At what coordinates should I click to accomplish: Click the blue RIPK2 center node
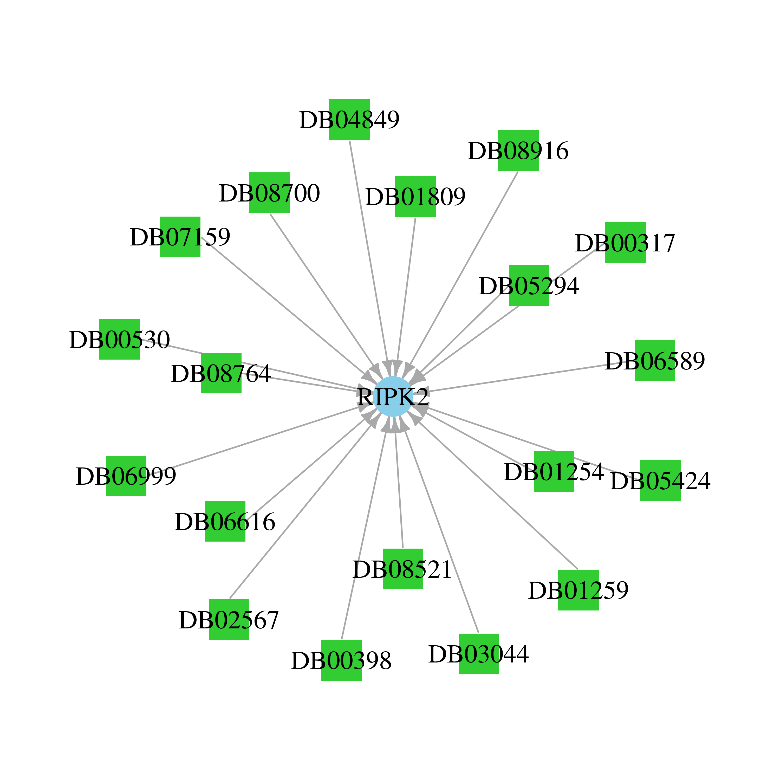coord(393,396)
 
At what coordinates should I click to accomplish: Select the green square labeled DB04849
coord(349,120)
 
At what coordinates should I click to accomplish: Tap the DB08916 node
coord(518,151)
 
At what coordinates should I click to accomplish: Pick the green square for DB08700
coord(270,193)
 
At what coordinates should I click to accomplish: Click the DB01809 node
coord(415,197)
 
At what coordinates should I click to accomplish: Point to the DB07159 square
coord(180,237)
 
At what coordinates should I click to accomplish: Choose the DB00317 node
coord(625,243)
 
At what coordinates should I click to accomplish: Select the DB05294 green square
coord(529,285)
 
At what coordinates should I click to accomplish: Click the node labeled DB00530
coord(120,339)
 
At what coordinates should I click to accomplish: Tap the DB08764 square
coord(221,373)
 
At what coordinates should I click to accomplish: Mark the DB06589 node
coord(655,361)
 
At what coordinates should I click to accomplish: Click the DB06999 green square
coord(126,476)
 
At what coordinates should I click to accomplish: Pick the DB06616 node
coord(225,521)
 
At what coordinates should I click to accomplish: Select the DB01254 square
coord(554,471)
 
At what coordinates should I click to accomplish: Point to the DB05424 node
coord(660,480)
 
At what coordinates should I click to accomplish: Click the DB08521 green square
coord(403,569)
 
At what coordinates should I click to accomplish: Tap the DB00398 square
coord(341,660)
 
